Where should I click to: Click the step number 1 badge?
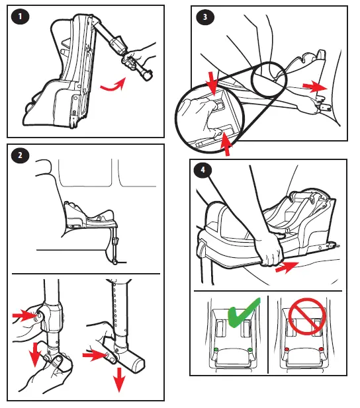20,17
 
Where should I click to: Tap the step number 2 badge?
20,155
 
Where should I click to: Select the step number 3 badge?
205,17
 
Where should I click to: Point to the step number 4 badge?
203,170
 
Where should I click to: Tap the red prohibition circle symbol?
307,316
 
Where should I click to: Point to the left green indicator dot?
216,349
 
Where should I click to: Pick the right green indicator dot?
250,349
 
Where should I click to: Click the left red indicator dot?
287,349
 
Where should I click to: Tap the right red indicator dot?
321,349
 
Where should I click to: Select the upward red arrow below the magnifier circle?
226,144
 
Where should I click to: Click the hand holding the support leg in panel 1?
140,55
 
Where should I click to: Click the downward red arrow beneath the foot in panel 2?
119,379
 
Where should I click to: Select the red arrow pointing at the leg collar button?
24,315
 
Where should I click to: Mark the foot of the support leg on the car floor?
114,262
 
